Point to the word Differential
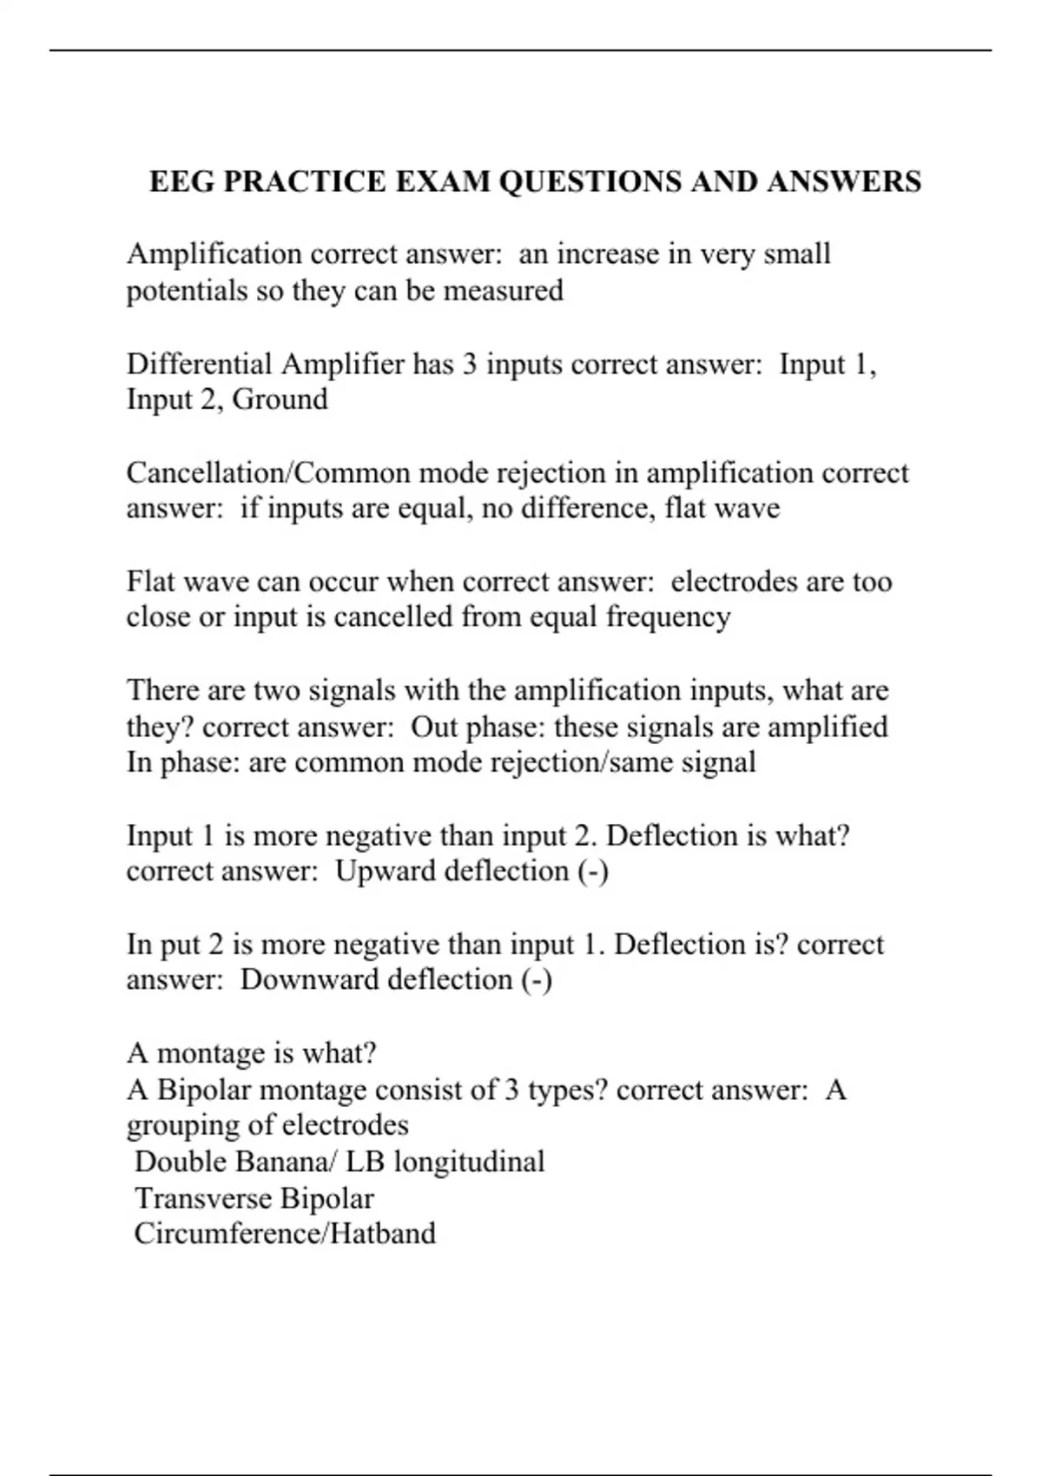tap(199, 363)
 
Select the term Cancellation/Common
tap(268, 472)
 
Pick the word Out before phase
tap(434, 727)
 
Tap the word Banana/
tap(287, 1162)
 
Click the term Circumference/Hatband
tap(285, 1234)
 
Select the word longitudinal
tap(469, 1162)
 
